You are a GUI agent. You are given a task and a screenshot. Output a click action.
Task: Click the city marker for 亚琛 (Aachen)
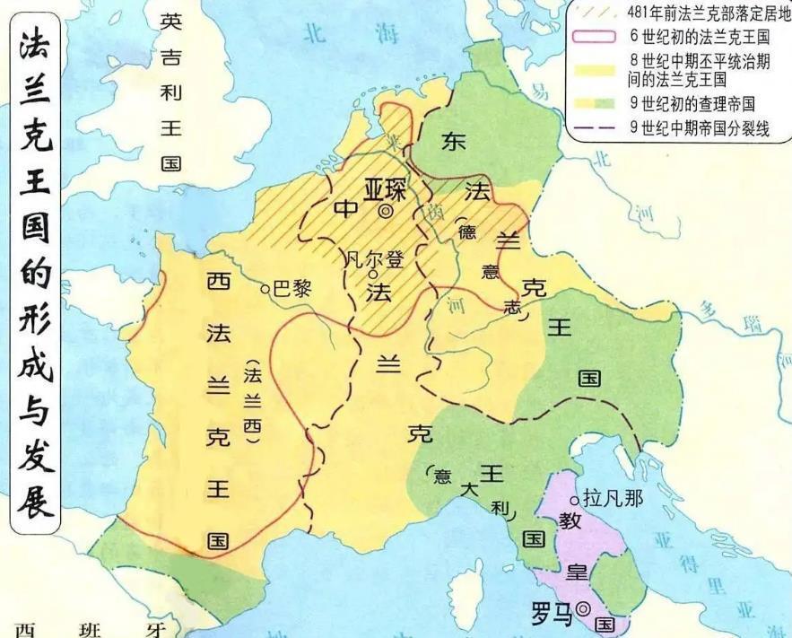(x=386, y=212)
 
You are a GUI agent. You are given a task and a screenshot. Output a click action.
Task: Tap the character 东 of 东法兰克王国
(x=452, y=141)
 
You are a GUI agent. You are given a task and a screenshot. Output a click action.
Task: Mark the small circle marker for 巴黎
(x=265, y=289)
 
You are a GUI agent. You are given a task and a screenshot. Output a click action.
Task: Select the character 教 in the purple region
(x=570, y=522)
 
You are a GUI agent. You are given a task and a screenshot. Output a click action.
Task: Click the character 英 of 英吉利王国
(x=170, y=22)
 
